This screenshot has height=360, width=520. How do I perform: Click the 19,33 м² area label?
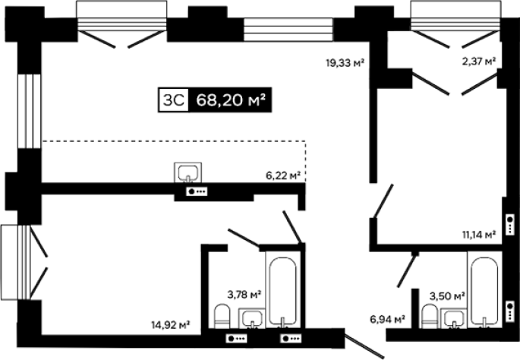pyautogui.click(x=345, y=62)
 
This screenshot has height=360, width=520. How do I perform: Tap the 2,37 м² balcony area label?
pyautogui.click(x=479, y=61)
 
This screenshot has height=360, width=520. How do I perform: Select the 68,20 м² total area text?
pyautogui.click(x=231, y=99)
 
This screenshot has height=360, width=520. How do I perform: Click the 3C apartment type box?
pyautogui.click(x=173, y=99)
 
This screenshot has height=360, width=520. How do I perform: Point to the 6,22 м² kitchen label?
pyautogui.click(x=283, y=175)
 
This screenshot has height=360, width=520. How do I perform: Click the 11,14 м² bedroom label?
pyautogui.click(x=479, y=235)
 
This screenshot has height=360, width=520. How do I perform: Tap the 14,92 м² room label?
pyautogui.click(x=171, y=324)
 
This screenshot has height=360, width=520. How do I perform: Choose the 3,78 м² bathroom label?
pyautogui.click(x=244, y=294)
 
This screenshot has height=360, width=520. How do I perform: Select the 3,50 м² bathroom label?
pyautogui.click(x=447, y=295)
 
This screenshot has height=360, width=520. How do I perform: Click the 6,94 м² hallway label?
pyautogui.click(x=387, y=320)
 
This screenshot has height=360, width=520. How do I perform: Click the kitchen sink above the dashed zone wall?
pyautogui.click(x=188, y=172)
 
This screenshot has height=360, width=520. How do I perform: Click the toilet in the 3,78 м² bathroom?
pyautogui.click(x=222, y=316)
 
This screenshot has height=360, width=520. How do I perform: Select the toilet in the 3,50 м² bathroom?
pyautogui.click(x=430, y=316)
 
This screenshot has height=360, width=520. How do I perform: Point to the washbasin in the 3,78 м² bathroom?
pyautogui.click(x=252, y=319)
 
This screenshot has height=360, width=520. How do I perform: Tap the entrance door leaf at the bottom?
pyautogui.click(x=364, y=346)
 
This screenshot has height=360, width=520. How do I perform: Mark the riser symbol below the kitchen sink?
pyautogui.click(x=197, y=191)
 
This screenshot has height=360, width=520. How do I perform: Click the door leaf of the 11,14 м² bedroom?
pyautogui.click(x=383, y=201)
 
